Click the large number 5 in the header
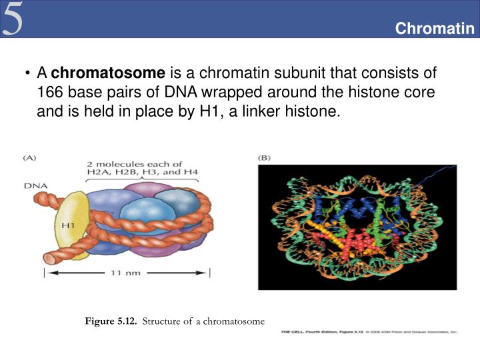coord(13,19)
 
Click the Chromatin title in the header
coord(434,29)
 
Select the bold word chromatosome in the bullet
coord(108,73)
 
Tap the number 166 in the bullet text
coord(50,92)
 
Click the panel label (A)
coord(31,158)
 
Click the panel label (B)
coord(265,158)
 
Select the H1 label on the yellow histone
coord(67,225)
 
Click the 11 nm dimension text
coord(127,273)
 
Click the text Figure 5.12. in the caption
coord(111,321)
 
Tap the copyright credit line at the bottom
coord(369,331)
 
